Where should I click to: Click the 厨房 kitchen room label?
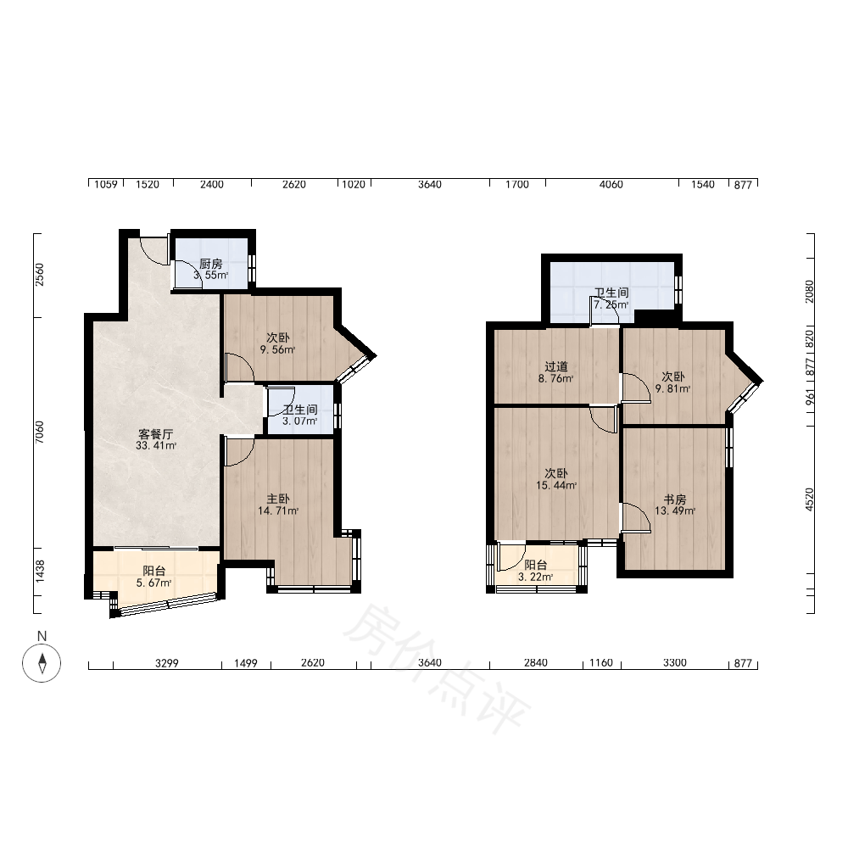211,264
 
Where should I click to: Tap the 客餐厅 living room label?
156,434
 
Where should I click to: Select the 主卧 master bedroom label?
278,499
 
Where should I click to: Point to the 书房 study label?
675,499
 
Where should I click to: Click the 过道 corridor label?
556,367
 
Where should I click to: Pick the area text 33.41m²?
156,446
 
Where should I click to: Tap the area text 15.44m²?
556,486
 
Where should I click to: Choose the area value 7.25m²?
611,304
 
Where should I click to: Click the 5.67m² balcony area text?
154,583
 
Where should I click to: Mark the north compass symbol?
42,663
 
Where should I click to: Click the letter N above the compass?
42,637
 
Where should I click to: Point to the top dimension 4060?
611,184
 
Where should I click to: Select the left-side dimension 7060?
40,432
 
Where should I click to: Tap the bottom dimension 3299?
166,663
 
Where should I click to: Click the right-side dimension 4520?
809,499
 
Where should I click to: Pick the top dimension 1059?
106,184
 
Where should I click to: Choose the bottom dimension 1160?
601,663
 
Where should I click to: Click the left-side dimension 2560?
40,275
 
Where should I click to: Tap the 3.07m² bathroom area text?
299,421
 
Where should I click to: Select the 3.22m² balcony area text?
535,577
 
